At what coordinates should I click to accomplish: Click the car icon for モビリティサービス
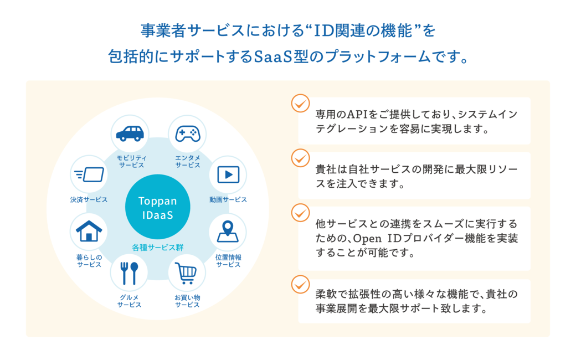[130, 133]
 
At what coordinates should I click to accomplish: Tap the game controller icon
[188, 134]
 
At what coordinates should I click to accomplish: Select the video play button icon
[228, 174]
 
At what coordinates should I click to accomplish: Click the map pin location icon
[228, 231]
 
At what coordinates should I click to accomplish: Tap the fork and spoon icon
[129, 273]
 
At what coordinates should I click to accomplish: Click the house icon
[89, 231]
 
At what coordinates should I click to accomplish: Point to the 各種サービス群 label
[158, 248]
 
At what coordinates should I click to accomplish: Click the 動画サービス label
[228, 200]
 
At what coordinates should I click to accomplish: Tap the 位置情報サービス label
[228, 261]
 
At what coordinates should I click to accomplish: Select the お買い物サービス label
[187, 301]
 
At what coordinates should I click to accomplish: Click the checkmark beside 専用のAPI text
[301, 104]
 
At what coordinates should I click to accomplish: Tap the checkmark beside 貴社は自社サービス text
[301, 158]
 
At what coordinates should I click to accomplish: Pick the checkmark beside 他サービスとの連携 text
[301, 213]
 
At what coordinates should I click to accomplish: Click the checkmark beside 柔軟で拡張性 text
[301, 285]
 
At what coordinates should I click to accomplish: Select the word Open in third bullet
[367, 239]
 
